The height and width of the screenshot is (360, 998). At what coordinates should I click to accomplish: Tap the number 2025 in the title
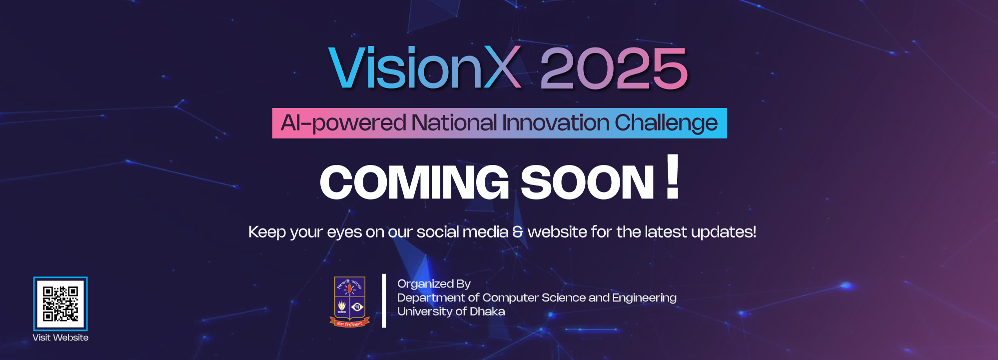click(614, 68)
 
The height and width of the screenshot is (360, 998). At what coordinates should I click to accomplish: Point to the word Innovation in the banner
click(556, 123)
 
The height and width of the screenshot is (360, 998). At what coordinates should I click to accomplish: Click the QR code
click(60, 303)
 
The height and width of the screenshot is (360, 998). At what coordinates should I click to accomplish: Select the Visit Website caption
click(60, 337)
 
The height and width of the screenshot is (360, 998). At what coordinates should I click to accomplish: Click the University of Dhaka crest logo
click(349, 301)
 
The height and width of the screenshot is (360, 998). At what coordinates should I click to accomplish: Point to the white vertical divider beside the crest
click(384, 300)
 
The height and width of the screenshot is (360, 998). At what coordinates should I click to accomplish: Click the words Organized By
click(434, 284)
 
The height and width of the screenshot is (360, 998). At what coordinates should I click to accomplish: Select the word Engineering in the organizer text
click(644, 298)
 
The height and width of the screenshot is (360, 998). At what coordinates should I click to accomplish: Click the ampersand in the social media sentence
click(518, 232)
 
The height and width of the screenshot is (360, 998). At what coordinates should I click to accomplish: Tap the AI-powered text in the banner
click(343, 123)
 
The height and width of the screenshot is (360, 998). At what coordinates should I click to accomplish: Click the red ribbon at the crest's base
click(349, 323)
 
